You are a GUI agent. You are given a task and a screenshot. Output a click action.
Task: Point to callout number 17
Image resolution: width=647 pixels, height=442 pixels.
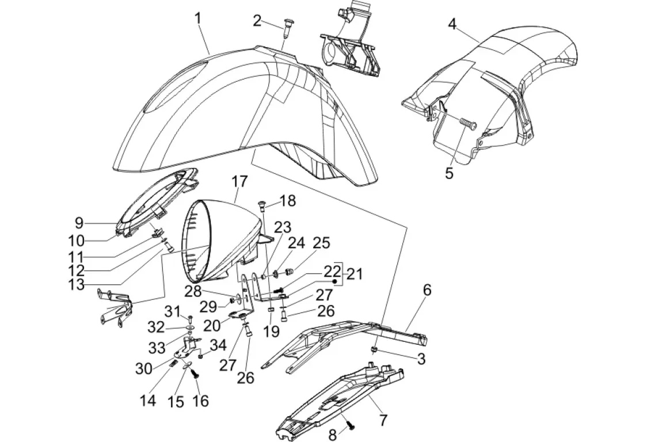pyautogui.click(x=239, y=182)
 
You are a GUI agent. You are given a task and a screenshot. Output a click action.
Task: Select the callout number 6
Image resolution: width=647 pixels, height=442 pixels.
pyautogui.click(x=427, y=291)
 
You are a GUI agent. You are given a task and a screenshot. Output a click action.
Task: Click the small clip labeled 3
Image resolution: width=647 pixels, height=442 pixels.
pyautogui.click(x=374, y=349)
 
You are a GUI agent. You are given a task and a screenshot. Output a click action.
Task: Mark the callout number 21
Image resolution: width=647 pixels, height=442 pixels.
pyautogui.click(x=355, y=274)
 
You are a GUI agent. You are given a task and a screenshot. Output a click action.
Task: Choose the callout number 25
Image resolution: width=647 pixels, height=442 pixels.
pyautogui.click(x=321, y=243)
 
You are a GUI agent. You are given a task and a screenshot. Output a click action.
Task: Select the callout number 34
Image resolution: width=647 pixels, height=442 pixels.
pyautogui.click(x=218, y=345)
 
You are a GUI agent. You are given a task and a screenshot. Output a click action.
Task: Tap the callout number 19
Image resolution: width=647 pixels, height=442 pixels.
pyautogui.click(x=271, y=331)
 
